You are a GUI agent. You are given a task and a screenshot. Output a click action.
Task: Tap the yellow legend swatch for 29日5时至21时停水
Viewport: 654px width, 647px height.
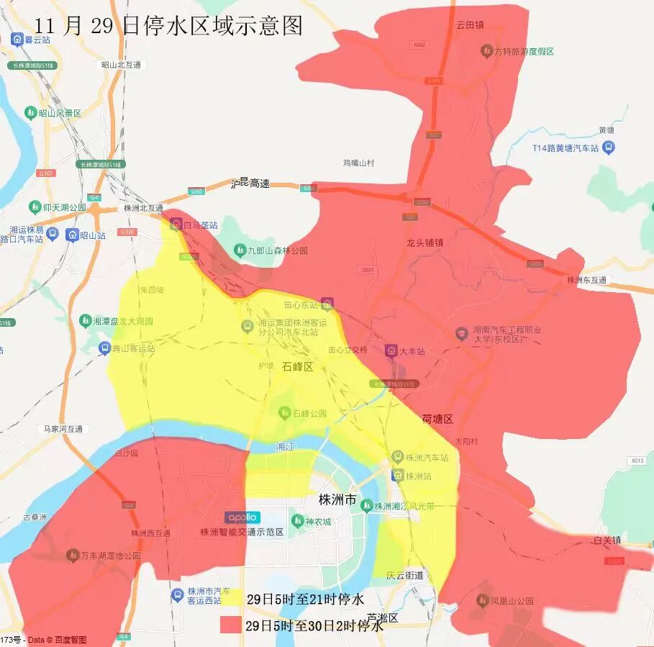tap(232, 599)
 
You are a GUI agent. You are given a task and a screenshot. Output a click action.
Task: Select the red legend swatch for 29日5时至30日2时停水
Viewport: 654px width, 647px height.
tap(232, 625)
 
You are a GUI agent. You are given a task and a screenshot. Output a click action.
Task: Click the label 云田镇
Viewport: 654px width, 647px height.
tap(470, 24)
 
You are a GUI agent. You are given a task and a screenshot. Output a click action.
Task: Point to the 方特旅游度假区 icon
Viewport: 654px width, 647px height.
tap(486, 51)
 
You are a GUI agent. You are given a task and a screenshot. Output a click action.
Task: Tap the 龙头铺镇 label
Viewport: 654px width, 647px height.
tap(424, 243)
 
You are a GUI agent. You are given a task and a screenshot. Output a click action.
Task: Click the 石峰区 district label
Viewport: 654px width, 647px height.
tap(298, 366)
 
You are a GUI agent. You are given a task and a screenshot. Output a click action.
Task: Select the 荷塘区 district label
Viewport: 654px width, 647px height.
tap(437, 419)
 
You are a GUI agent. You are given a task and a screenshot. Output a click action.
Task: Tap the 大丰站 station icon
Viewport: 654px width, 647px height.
tap(391, 351)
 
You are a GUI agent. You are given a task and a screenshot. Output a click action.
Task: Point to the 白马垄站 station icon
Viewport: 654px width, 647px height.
tap(176, 225)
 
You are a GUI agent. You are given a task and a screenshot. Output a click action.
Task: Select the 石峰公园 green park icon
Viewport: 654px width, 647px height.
tap(284, 413)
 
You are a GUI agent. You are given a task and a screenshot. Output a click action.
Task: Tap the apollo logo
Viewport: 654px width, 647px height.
tap(242, 517)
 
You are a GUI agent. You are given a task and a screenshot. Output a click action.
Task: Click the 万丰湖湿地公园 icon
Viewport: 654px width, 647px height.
tap(73, 556)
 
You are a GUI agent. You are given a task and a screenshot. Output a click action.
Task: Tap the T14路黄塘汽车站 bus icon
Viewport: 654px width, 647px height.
tap(609, 148)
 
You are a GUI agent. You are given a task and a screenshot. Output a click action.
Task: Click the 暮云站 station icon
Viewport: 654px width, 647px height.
tap(17, 38)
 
